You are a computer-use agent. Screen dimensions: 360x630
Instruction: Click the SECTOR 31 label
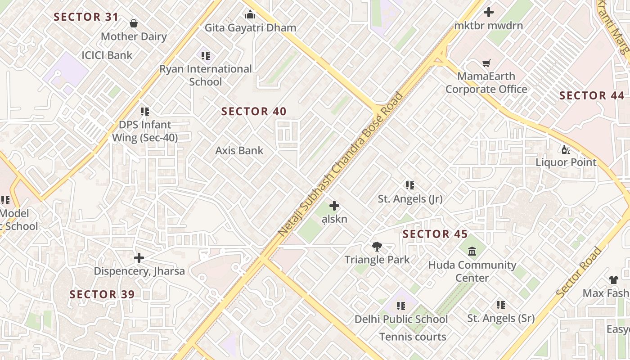[x=86, y=17]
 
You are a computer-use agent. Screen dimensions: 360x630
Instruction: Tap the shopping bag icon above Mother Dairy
[x=133, y=23]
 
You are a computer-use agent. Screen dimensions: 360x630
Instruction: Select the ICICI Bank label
[x=107, y=55]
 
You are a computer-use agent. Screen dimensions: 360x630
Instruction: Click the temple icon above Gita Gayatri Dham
[x=250, y=15]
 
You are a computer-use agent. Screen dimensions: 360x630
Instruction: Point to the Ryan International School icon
[x=206, y=56]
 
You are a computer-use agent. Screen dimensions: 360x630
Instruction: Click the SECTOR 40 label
[x=254, y=112]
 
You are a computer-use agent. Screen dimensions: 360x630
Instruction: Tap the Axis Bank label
[x=239, y=150]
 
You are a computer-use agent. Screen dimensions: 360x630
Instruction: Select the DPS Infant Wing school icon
[x=144, y=111]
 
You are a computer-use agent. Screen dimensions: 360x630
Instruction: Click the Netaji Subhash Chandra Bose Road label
[x=340, y=164]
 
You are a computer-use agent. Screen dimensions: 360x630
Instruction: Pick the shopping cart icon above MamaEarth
[x=486, y=63]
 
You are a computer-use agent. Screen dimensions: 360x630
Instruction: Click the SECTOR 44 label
[x=592, y=95]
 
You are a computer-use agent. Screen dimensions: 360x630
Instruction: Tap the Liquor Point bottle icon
[x=566, y=149]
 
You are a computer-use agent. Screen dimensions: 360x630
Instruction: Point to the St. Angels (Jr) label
[x=410, y=198]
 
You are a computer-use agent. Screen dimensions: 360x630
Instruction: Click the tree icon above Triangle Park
[x=377, y=247]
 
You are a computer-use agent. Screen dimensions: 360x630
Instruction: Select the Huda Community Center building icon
[x=472, y=251]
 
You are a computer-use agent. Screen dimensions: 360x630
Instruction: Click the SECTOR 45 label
[x=435, y=234]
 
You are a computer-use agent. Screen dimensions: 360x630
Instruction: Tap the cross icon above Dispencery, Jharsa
[x=139, y=258]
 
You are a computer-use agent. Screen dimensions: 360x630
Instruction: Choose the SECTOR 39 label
[x=102, y=294]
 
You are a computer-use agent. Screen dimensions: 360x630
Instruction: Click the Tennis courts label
[x=413, y=337]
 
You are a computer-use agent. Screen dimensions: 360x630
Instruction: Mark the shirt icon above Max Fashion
[x=613, y=280]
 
